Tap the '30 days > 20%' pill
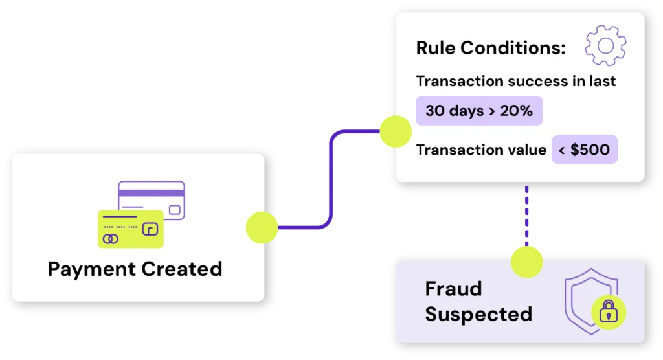coord(479,111)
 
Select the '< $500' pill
coord(585,150)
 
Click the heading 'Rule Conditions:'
coord(491,48)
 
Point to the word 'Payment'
coord(91,269)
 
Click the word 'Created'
coord(182,268)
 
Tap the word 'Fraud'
coord(453,288)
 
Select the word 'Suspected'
coord(478,314)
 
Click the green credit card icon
coord(130,229)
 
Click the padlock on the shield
coord(609,314)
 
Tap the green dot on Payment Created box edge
coord(262,227)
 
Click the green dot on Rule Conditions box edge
coord(395,131)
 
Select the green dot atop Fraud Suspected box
coord(526,262)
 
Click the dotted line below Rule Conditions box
coord(526,214)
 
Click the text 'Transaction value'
coord(481,150)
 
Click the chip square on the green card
coord(150,229)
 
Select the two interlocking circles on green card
coord(111,240)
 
